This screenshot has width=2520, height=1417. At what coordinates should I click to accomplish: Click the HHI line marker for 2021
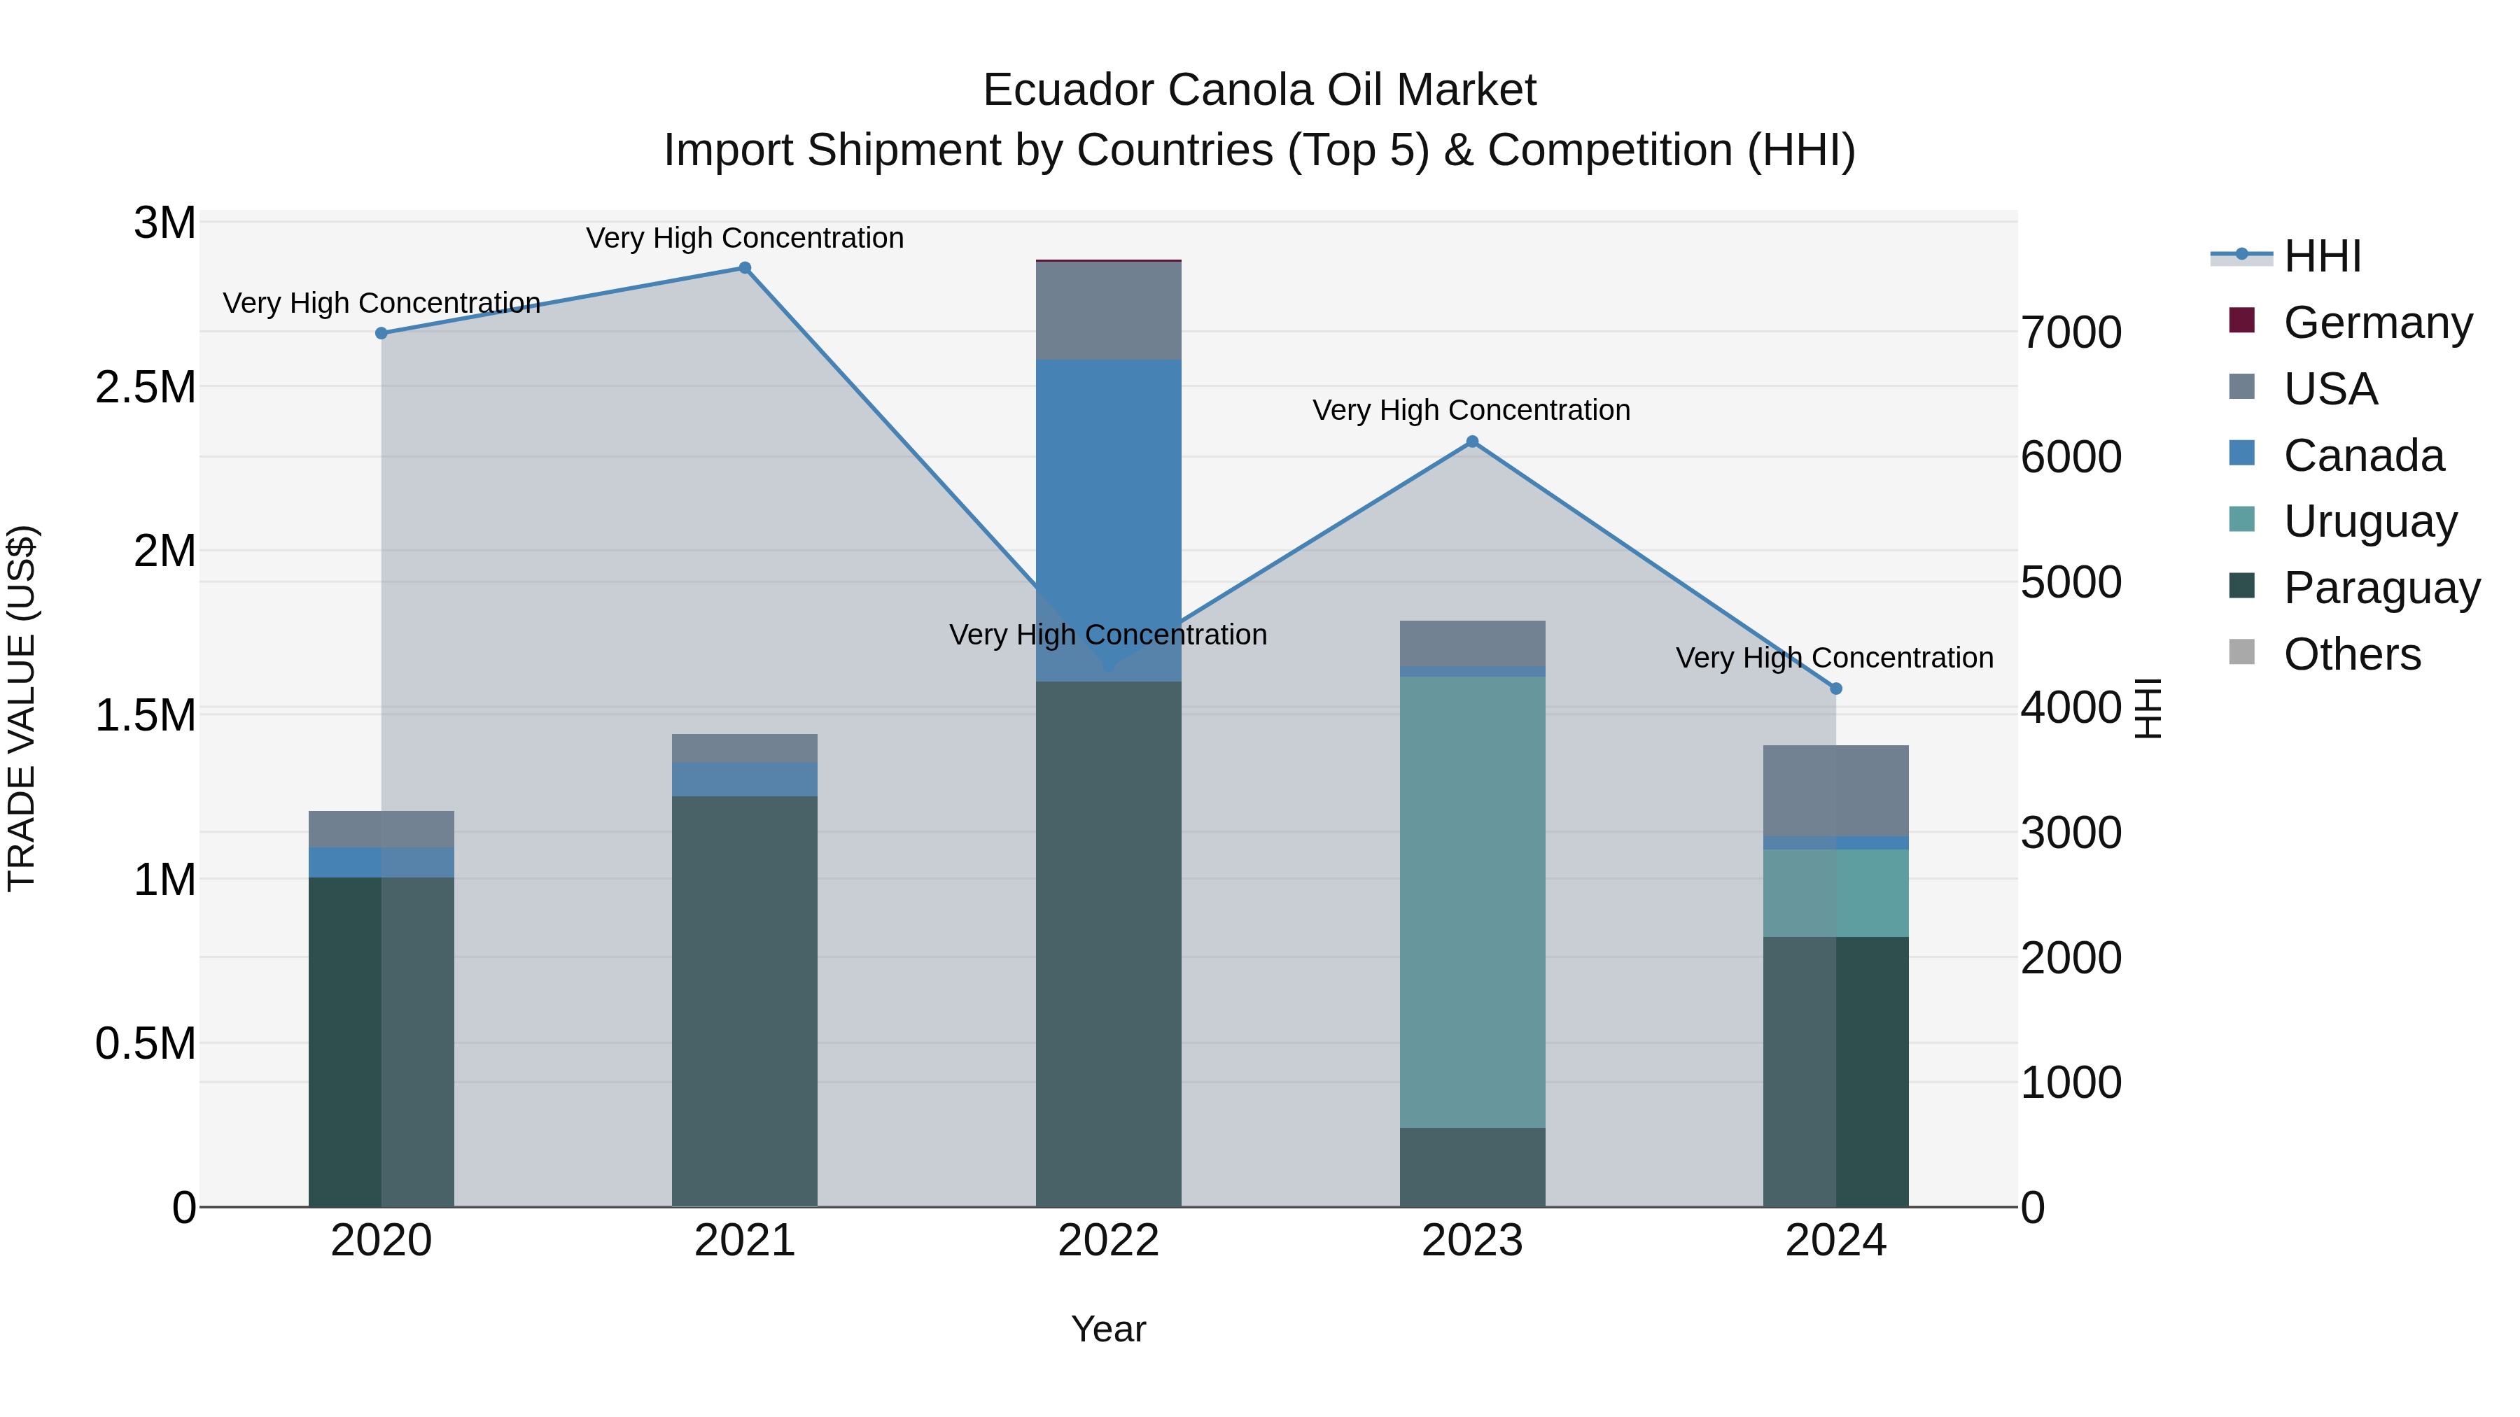click(745, 268)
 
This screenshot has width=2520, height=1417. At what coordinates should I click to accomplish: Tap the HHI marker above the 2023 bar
click(1471, 442)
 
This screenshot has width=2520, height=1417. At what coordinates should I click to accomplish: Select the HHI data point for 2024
click(1835, 689)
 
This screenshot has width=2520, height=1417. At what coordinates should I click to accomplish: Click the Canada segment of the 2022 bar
click(1108, 519)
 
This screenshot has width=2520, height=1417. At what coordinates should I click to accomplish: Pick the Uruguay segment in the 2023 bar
click(1471, 900)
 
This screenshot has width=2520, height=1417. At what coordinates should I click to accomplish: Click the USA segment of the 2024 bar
click(1835, 790)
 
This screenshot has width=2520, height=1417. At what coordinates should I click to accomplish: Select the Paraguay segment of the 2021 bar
click(745, 997)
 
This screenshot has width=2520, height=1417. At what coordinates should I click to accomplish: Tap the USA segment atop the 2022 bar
click(1108, 311)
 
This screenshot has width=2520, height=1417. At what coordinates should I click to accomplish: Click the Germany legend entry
click(2377, 323)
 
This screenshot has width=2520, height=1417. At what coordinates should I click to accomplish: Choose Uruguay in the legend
click(2369, 521)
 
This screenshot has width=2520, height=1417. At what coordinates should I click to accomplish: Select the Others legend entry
click(2352, 654)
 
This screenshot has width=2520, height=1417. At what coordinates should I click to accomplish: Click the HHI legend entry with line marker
click(2320, 256)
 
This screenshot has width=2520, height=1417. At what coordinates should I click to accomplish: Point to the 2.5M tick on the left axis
click(145, 387)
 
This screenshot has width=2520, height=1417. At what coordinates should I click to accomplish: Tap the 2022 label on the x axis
click(1108, 1241)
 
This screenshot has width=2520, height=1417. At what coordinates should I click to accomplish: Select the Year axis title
click(1108, 1329)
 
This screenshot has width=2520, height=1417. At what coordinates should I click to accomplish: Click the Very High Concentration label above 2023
click(1471, 410)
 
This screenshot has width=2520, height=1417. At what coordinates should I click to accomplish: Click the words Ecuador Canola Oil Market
click(1259, 90)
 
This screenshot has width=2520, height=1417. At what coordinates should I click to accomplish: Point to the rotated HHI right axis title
click(2148, 708)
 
